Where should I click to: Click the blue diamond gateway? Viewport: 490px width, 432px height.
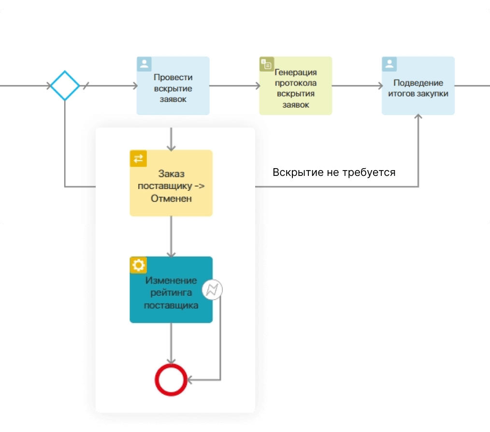[65, 86]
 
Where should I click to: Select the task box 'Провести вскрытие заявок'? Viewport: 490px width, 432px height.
[173, 86]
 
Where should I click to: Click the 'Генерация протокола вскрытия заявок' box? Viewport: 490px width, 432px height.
[295, 86]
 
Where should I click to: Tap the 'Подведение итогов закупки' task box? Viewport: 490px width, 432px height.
[418, 86]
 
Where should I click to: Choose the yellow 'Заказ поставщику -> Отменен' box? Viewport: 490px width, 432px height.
[171, 183]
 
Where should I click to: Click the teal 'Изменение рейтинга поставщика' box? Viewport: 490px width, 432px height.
[171, 289]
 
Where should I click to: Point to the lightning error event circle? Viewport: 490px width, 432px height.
[212, 290]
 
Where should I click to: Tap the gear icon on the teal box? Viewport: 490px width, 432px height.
[138, 265]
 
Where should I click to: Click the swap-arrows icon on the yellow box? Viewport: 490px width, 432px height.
[138, 158]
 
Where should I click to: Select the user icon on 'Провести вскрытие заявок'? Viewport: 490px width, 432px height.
[144, 64]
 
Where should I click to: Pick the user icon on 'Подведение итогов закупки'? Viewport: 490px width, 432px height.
[389, 64]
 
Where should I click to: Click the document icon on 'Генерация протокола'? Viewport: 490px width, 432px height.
[267, 64]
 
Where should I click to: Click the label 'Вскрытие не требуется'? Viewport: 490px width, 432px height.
[334, 173]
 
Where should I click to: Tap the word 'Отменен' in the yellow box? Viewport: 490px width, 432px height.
[171, 198]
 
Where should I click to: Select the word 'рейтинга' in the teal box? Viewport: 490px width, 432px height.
[171, 293]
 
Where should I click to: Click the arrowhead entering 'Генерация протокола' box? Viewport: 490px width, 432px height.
[256, 86]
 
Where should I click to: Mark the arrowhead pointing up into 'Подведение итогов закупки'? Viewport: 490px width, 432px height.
[418, 117]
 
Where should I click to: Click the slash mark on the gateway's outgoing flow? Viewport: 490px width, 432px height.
[86, 86]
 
